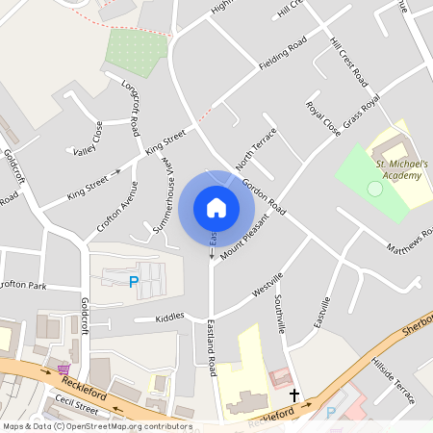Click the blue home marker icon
(x=216, y=207)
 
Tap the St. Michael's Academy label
(x=401, y=170)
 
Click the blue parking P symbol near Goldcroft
(x=133, y=281)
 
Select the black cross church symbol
(x=294, y=395)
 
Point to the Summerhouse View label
(x=166, y=189)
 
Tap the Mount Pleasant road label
(x=243, y=235)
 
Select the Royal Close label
(x=322, y=118)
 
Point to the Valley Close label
(x=88, y=140)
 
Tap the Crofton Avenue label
(x=117, y=207)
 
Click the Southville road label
(x=280, y=315)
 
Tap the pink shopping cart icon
(x=64, y=369)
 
